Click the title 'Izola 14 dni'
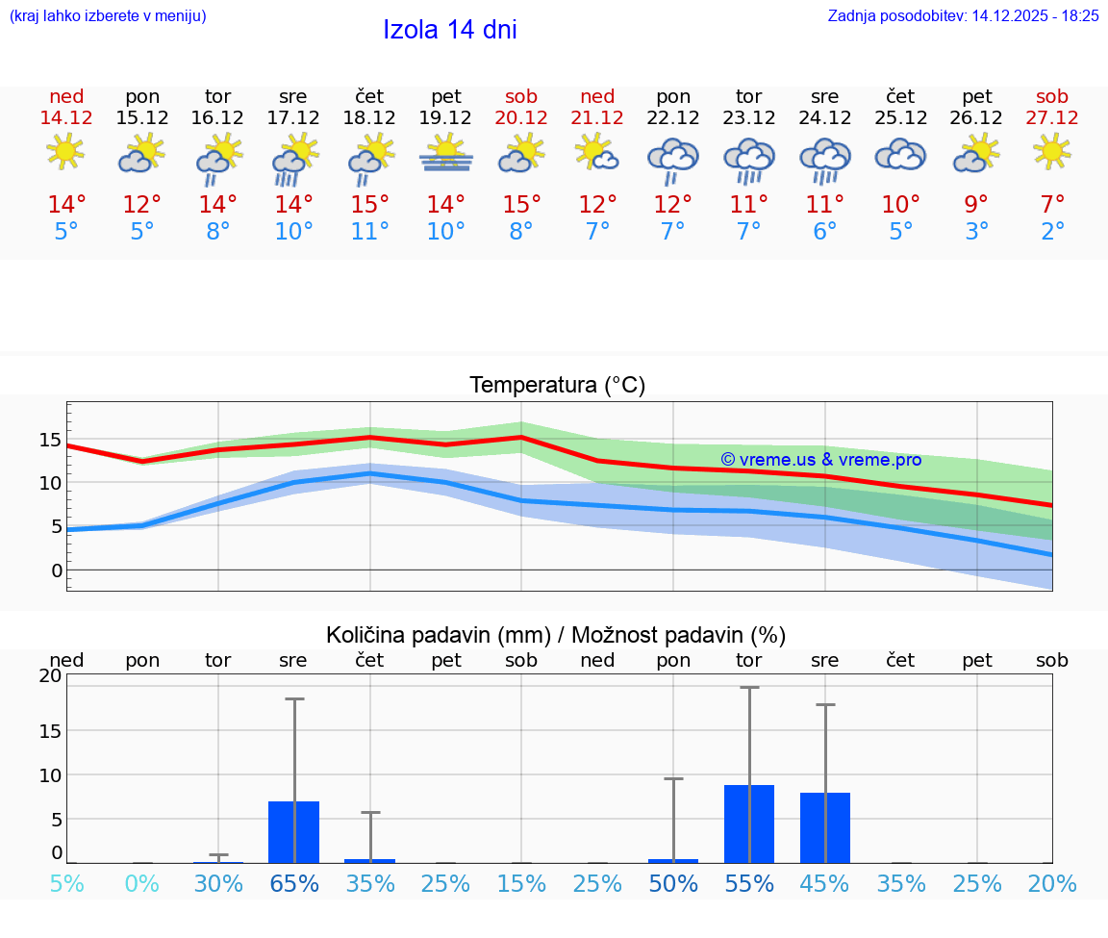point(449,30)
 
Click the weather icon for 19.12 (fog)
point(445,153)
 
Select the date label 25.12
point(900,118)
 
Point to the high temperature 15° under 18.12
point(369,205)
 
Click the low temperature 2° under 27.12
point(1052,232)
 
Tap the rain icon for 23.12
point(749,160)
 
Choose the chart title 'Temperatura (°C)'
point(557,386)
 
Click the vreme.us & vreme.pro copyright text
point(820,460)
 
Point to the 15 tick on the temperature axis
point(50,441)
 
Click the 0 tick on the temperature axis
point(57,570)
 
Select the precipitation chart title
point(556,635)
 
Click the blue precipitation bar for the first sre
point(293,832)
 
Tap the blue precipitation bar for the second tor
point(749,824)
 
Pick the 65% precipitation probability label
point(294,883)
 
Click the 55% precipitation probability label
point(749,883)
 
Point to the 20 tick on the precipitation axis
point(50,675)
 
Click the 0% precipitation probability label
point(142,883)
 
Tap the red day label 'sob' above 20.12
point(521,97)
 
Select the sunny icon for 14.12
point(65,152)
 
